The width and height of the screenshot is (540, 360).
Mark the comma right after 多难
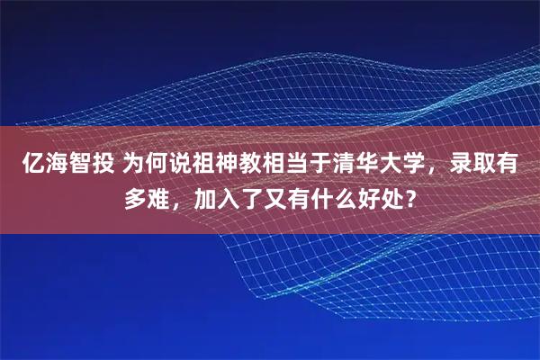[179, 200]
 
